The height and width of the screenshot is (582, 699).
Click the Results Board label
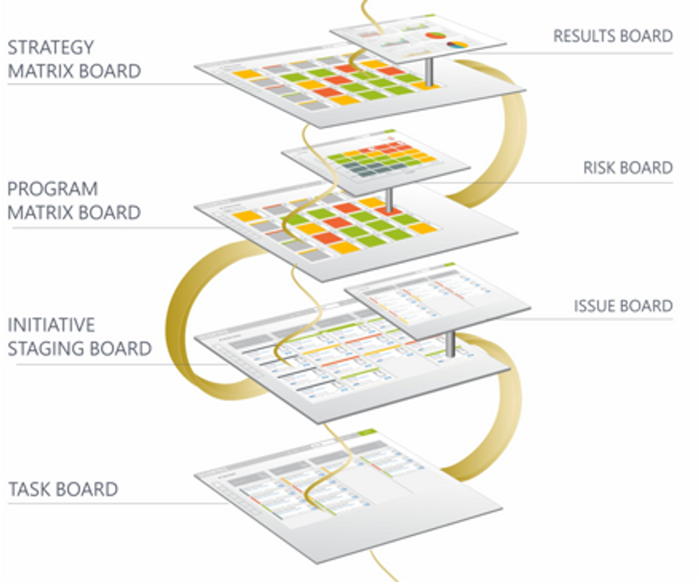point(612,36)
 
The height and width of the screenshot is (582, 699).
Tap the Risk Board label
point(627,168)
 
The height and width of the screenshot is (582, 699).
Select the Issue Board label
point(622,306)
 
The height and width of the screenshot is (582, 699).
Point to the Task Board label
point(63,490)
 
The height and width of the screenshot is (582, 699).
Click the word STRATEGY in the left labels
point(51,48)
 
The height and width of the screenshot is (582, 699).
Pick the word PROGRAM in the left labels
point(53,189)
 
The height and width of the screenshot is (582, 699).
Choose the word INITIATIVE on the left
point(51,325)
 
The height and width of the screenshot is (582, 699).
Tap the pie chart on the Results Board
point(433,35)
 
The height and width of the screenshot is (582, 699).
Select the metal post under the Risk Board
point(389,200)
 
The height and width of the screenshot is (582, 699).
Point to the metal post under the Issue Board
point(450,343)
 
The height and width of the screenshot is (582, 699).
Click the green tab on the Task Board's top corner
point(367,432)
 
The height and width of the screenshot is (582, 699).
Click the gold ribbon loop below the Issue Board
point(500,411)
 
